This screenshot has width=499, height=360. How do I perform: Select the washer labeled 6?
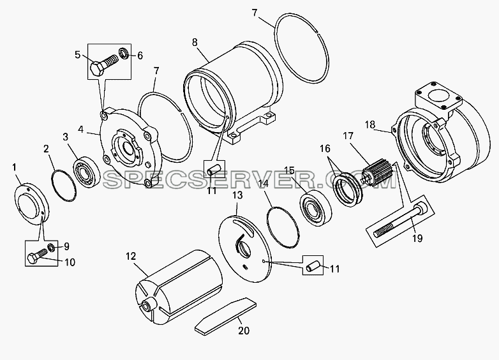123,53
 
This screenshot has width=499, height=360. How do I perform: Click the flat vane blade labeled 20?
225,316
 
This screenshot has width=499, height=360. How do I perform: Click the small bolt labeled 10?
38,255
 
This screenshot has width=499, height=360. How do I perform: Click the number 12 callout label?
131,257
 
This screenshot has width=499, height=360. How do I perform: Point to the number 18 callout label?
370,124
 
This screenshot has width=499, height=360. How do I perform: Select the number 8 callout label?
195,42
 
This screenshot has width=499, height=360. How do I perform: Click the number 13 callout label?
237,195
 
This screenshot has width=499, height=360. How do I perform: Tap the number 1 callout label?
14,167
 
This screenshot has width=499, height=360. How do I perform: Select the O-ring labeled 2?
64,186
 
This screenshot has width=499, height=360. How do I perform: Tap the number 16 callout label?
325,149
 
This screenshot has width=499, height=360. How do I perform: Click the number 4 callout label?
81,130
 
